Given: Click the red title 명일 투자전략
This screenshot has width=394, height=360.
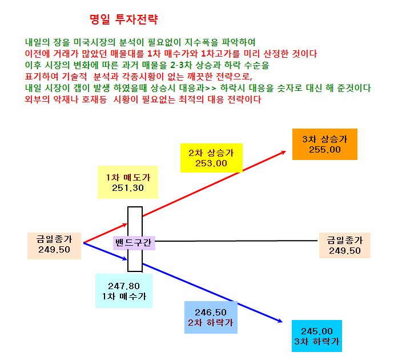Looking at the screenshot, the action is tap(124, 19).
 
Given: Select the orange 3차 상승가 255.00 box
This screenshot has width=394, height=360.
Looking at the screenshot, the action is tap(325, 145).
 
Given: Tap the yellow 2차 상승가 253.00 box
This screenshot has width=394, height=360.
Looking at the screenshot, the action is tap(211, 158).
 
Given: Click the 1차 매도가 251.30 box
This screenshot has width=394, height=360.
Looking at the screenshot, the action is tap(128, 182).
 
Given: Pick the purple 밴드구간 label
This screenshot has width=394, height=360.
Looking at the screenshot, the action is tap(134, 243).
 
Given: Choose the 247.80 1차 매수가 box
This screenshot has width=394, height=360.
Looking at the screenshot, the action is tap(124, 291).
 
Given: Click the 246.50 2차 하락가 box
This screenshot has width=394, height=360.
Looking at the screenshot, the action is tap(211, 317).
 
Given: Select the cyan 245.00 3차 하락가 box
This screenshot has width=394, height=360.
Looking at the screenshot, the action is tap(316, 336).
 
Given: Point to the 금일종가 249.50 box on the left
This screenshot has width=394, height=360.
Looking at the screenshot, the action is tap(54, 246).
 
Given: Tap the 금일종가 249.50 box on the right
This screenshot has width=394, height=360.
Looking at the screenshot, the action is tap(344, 245).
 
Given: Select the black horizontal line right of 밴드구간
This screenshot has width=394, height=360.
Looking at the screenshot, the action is tap(236, 241).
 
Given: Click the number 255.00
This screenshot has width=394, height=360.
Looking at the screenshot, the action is tap(325, 150).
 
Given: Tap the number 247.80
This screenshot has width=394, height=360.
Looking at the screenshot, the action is tap(124, 286).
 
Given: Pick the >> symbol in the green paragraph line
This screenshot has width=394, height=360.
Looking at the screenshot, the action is tap(211, 88).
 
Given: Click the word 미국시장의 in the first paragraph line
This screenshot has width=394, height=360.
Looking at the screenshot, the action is tap(94, 42).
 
